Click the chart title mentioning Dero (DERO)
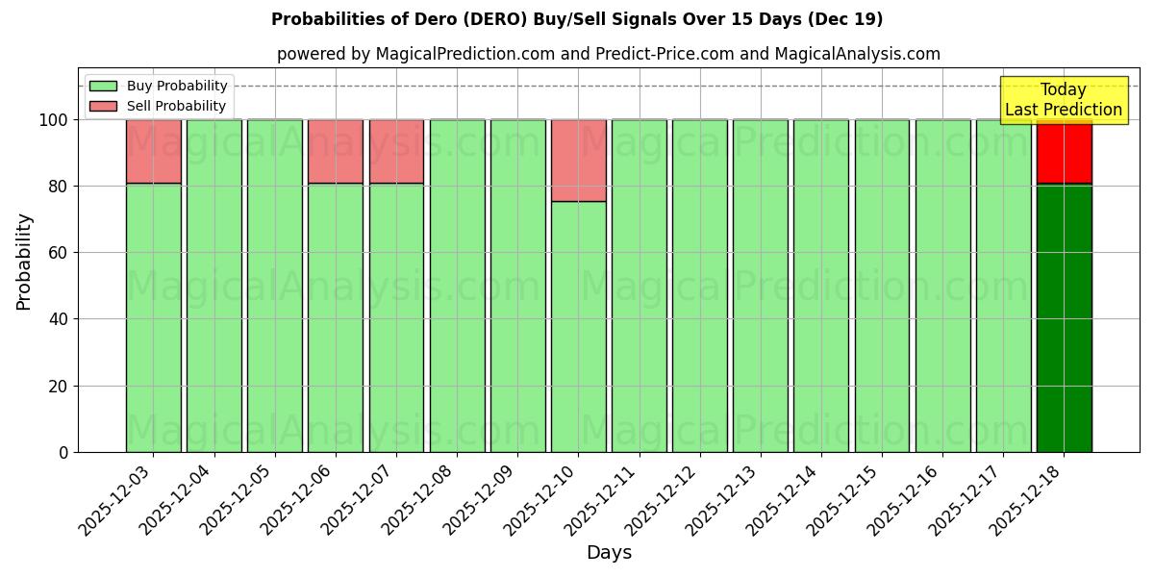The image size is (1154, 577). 577,19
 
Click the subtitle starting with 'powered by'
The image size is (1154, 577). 608,54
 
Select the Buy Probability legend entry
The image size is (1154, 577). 158,86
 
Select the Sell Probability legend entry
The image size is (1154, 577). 158,106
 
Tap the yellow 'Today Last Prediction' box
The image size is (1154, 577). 1063,100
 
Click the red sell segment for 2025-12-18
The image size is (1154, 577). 1064,151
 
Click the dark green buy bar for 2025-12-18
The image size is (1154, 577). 1064,317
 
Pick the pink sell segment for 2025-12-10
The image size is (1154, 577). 578,161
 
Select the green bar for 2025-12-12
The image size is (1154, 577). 699,286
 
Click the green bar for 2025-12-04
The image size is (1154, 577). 214,286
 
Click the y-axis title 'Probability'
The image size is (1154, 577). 24,261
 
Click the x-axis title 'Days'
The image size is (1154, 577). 608,553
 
